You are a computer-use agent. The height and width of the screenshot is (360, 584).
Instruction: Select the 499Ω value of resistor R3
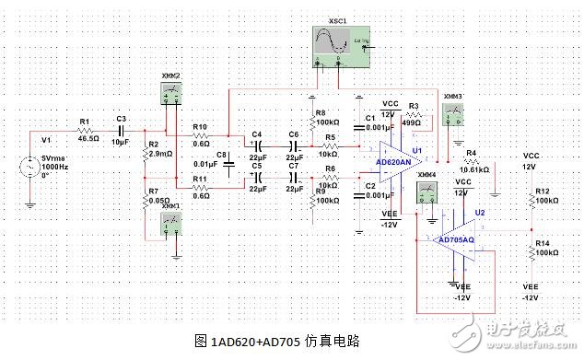(411, 122)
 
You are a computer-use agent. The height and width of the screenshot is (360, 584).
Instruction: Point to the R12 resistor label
(543, 191)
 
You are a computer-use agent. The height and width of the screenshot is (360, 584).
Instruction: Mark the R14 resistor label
(543, 242)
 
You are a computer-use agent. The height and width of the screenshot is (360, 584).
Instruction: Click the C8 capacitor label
(220, 155)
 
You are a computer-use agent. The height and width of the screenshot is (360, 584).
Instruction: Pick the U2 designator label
(479, 212)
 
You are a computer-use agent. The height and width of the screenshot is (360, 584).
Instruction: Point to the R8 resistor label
(321, 111)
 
